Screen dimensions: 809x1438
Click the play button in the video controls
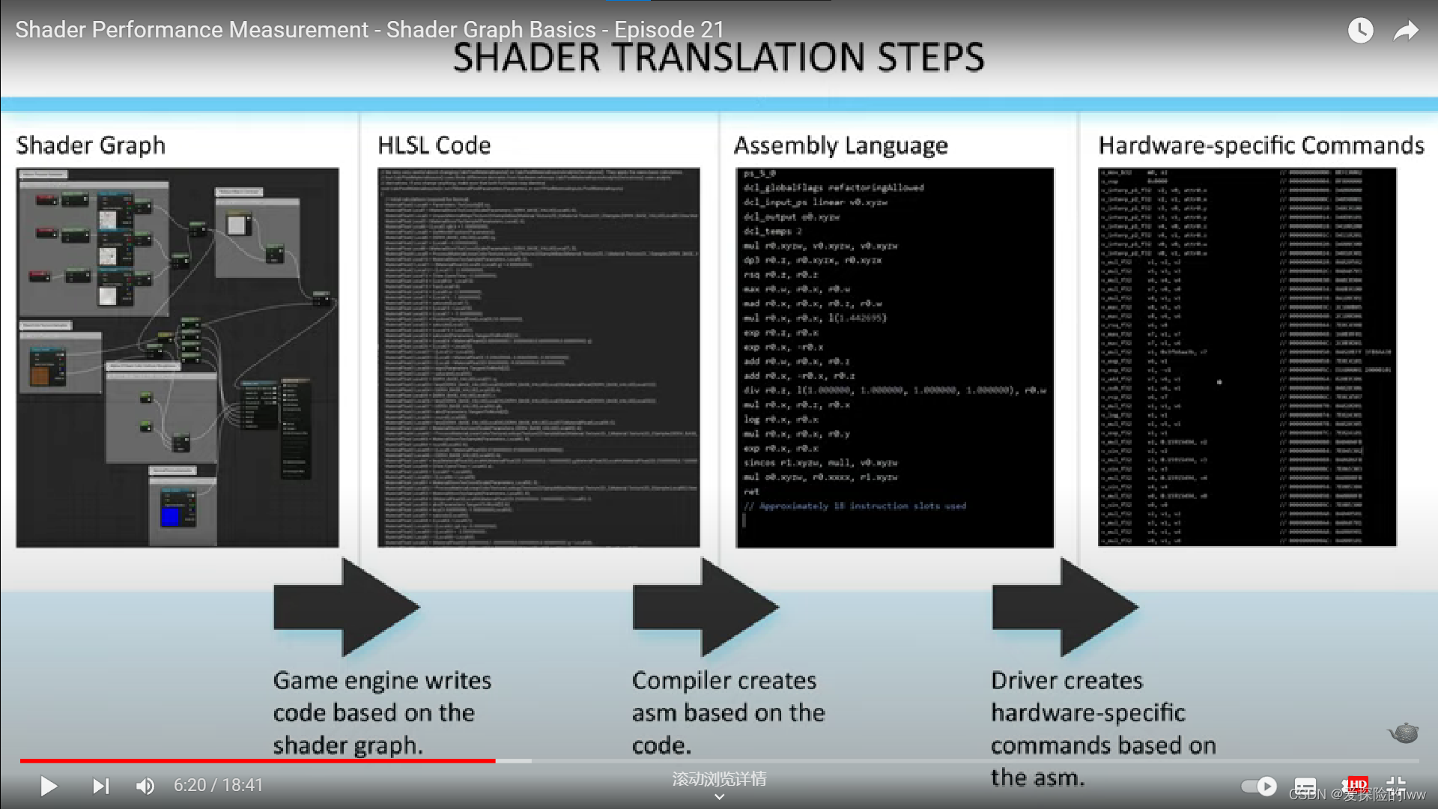[x=49, y=786]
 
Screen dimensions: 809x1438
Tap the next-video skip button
[x=100, y=786]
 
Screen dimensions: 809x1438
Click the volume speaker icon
[x=145, y=786]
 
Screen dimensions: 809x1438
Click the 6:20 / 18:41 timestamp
[x=219, y=785]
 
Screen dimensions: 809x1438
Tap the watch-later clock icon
[x=1360, y=30]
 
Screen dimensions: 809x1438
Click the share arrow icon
[x=1406, y=30]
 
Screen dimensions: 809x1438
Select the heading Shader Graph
[x=91, y=145]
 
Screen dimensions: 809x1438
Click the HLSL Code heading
[x=434, y=145]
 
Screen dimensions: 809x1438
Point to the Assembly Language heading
[x=840, y=145]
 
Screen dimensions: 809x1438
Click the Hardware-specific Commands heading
[x=1261, y=145]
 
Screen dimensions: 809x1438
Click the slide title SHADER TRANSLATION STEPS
[x=718, y=58]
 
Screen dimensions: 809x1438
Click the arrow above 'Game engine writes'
[x=345, y=607]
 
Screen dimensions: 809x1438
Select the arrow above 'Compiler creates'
[x=705, y=607]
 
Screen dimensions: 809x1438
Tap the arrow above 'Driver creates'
[x=1064, y=607]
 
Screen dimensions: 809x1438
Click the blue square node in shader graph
[x=171, y=516]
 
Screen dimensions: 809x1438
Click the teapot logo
[x=1404, y=733]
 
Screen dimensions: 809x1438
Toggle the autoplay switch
[x=1258, y=786]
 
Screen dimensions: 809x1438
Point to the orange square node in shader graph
[x=40, y=374]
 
